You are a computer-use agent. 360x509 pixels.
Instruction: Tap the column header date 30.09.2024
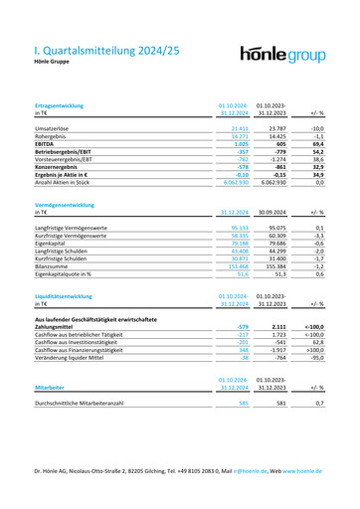click(x=271, y=213)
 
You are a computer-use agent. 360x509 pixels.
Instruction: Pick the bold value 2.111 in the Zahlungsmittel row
click(x=277, y=325)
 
